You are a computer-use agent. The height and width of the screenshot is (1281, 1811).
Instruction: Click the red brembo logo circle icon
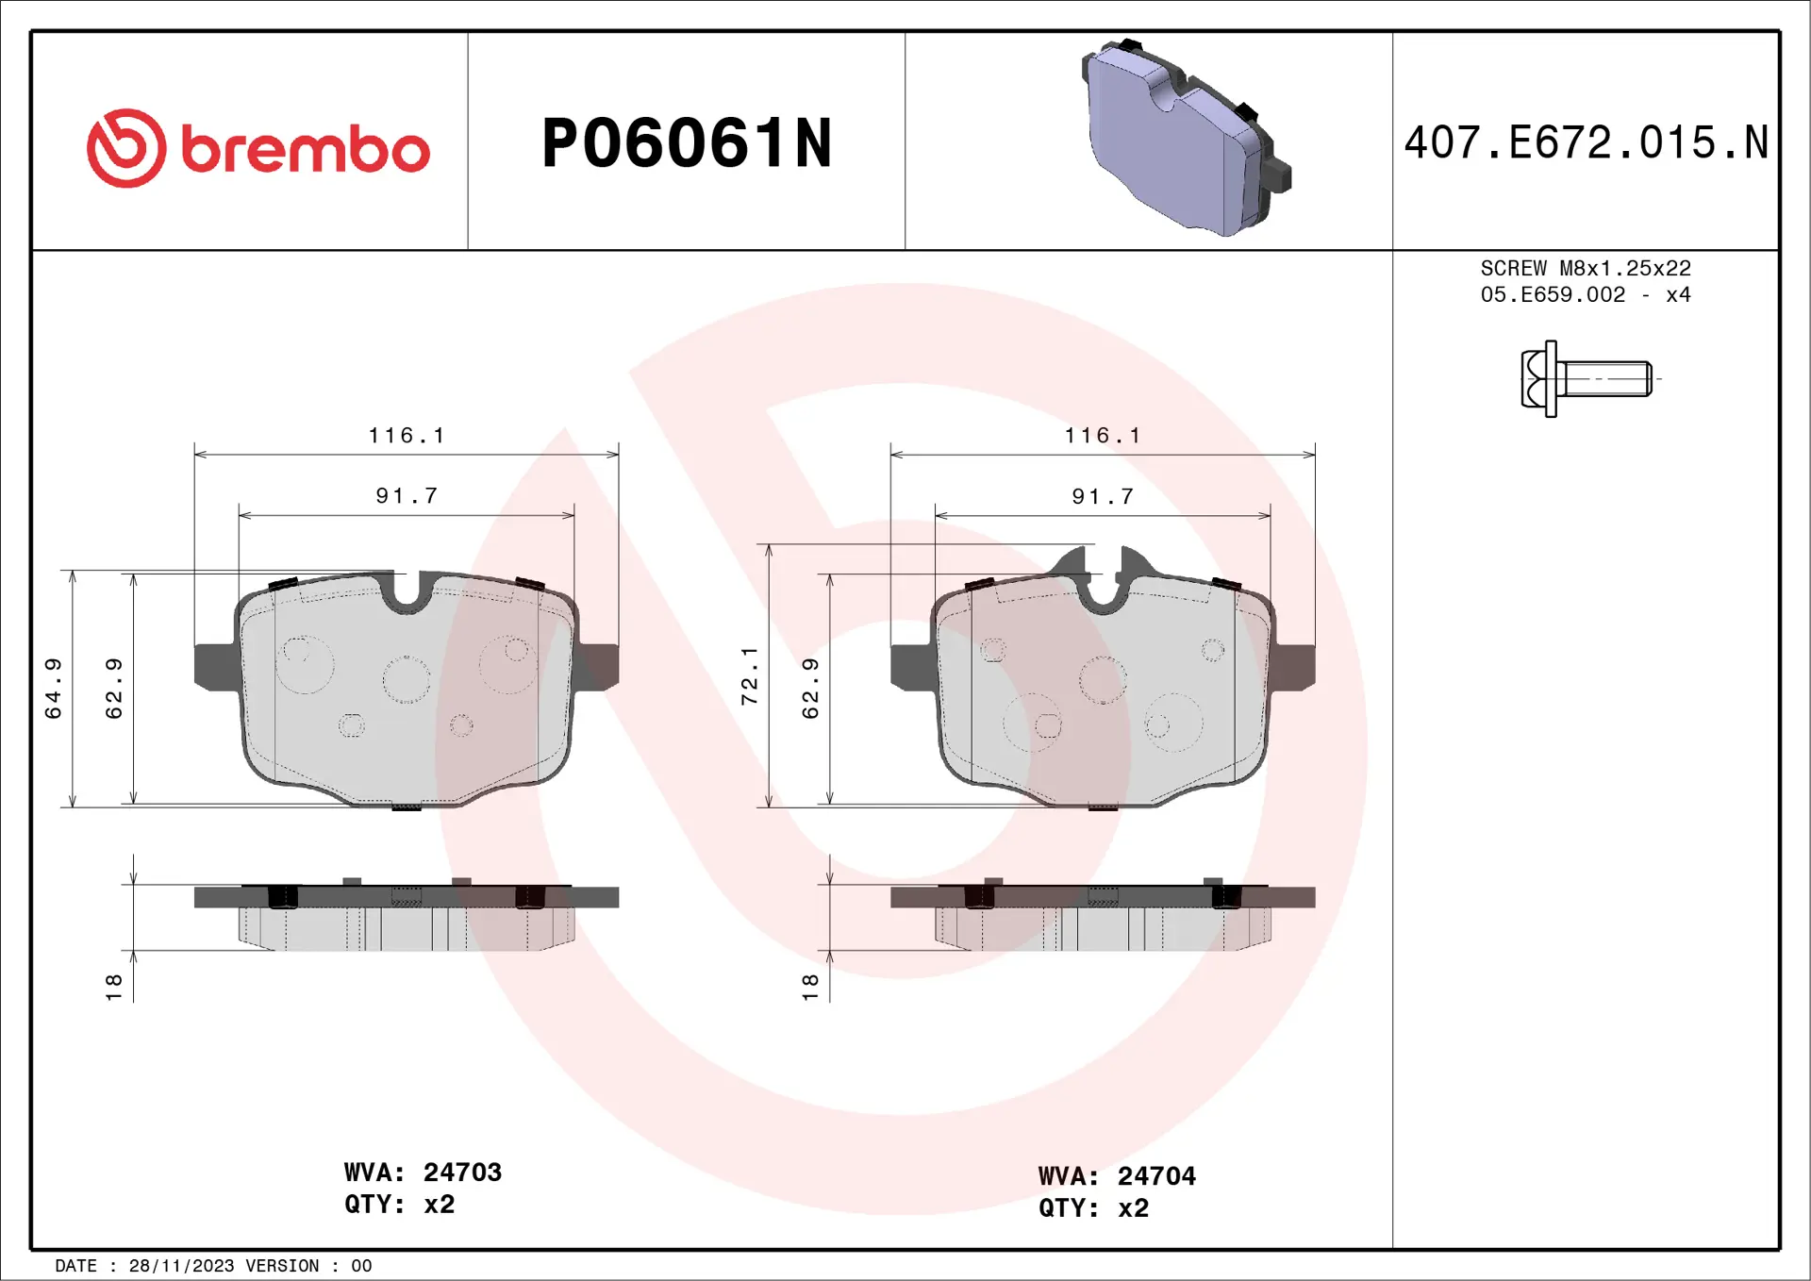pos(126,148)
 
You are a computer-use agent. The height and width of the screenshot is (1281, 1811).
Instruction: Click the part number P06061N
pos(686,143)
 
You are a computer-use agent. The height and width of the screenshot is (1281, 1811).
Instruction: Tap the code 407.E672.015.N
pos(1586,143)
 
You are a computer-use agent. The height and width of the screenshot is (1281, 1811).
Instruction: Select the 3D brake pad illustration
pos(1185,139)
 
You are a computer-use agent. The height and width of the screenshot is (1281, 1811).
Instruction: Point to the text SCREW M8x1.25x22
pos(1586,269)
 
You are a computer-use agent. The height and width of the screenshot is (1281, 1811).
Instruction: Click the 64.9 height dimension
pos(54,689)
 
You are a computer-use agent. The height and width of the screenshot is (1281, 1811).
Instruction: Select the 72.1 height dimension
pos(750,676)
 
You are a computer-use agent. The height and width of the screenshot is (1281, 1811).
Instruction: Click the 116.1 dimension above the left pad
pos(407,436)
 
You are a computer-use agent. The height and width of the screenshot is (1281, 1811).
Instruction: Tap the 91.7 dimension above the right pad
pos(1103,496)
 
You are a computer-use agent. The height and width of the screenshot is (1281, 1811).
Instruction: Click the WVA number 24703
pos(462,1173)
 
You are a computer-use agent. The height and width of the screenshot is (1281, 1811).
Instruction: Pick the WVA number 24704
pos(1156,1176)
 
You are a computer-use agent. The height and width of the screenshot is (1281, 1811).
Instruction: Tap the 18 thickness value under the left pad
pos(114,988)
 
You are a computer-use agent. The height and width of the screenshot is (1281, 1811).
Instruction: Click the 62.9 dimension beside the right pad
pos(810,689)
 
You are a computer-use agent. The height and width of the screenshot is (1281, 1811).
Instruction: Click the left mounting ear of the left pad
pos(214,666)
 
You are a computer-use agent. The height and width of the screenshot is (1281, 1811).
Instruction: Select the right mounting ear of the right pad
pos(1294,666)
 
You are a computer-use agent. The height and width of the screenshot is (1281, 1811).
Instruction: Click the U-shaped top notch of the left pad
pos(407,591)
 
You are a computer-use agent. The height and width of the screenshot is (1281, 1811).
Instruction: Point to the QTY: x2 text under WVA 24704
pos(1093,1208)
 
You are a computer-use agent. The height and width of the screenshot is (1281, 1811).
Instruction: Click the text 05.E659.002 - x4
pos(1586,295)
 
